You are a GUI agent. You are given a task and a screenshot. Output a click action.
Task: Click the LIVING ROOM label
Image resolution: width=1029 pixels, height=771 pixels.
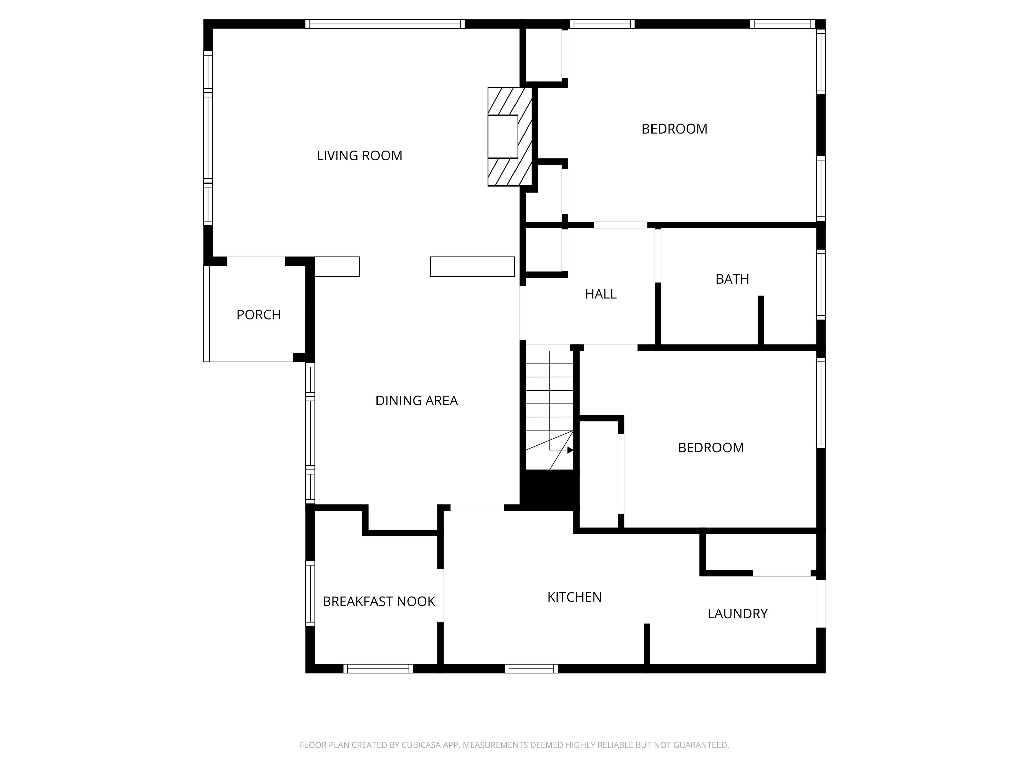(x=359, y=156)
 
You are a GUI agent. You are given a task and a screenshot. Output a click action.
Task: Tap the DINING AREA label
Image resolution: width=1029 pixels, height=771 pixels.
(x=416, y=401)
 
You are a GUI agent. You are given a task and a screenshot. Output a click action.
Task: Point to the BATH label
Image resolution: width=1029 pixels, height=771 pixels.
(x=732, y=279)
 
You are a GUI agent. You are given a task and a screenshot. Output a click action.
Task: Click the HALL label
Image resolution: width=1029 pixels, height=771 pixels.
(x=601, y=294)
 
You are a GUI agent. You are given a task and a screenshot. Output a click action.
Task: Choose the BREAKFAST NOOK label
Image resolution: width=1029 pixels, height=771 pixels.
(x=379, y=602)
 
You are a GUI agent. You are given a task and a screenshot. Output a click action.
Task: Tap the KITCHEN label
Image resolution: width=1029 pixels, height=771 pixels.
(x=574, y=597)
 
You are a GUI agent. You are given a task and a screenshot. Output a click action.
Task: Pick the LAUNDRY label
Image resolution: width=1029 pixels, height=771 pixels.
(x=737, y=614)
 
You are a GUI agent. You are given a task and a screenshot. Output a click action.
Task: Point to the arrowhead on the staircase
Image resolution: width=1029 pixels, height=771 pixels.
(x=570, y=450)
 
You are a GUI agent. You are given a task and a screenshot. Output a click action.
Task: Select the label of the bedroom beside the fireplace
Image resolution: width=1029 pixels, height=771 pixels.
(x=674, y=129)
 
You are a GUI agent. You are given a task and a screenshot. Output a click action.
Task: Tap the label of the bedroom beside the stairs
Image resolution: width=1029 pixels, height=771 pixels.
(x=710, y=448)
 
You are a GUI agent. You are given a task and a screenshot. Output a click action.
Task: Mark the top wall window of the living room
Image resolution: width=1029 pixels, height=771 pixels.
(x=385, y=24)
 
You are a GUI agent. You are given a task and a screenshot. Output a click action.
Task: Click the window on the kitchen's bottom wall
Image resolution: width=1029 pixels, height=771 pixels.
(x=531, y=669)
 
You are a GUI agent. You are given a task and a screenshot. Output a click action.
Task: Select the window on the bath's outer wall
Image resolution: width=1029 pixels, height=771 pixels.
(x=821, y=284)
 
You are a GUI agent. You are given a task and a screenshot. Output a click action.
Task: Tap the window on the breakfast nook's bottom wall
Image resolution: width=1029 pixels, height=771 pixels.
(x=378, y=669)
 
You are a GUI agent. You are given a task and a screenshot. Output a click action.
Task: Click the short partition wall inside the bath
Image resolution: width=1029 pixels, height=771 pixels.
(x=761, y=321)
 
